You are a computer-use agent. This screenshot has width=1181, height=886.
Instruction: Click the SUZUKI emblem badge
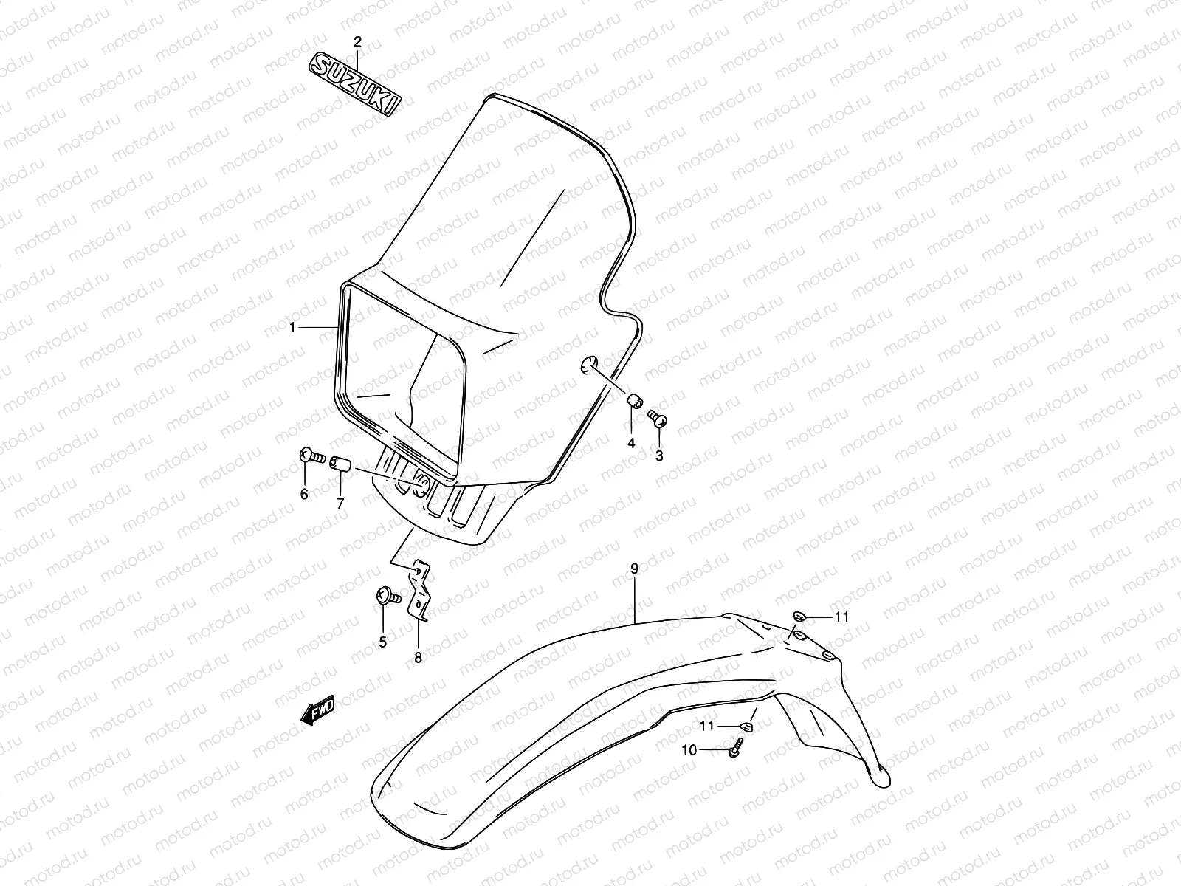click(x=355, y=84)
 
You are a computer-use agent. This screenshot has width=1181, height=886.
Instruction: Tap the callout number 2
click(x=357, y=41)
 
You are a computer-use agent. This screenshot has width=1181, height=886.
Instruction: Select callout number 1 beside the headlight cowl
click(x=292, y=327)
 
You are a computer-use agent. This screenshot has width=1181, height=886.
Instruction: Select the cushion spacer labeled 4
click(x=633, y=402)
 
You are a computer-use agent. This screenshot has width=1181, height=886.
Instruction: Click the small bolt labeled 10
click(x=735, y=748)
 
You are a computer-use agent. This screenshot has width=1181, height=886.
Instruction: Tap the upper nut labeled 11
click(x=799, y=616)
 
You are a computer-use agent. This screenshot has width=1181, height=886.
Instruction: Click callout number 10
click(x=689, y=750)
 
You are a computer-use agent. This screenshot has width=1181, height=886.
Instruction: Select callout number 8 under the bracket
click(x=418, y=659)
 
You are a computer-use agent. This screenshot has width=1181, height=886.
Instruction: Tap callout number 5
click(x=382, y=642)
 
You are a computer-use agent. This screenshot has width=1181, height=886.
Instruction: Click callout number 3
click(x=659, y=456)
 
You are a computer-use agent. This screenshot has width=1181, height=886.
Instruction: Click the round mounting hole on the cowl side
click(x=588, y=363)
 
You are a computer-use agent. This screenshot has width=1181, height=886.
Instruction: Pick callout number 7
click(x=340, y=504)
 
